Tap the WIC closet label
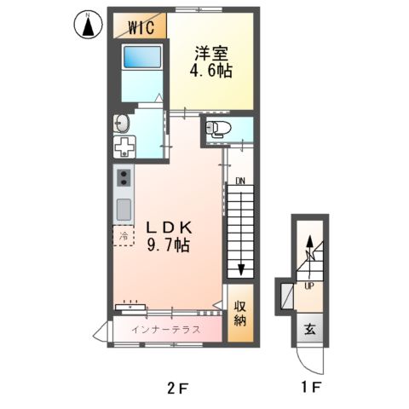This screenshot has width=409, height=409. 140,26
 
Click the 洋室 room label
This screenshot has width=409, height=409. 212,52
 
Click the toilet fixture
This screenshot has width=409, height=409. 219,130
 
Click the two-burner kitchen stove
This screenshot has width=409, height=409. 124,179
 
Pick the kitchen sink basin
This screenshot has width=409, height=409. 124,209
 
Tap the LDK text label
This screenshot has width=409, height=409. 173,228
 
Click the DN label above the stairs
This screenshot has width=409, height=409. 241,181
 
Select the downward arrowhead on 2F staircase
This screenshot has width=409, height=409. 241,269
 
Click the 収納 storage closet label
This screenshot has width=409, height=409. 240,313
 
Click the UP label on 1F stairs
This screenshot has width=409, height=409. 309,285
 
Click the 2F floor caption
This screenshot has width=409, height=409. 177,388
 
